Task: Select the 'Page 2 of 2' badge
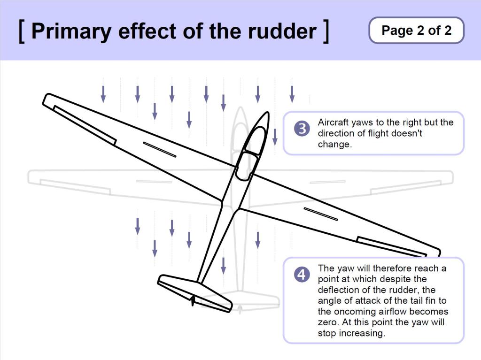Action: (x=416, y=31)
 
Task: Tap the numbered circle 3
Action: (x=302, y=129)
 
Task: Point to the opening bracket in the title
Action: (x=22, y=31)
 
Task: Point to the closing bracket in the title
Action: (x=326, y=31)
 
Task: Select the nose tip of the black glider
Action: (x=266, y=114)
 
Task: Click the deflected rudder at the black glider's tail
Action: (x=192, y=300)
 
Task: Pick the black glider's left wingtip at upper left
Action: (x=47, y=99)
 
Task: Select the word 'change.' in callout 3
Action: (x=334, y=144)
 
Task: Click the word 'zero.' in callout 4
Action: (x=328, y=322)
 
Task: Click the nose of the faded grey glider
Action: (x=240, y=110)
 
